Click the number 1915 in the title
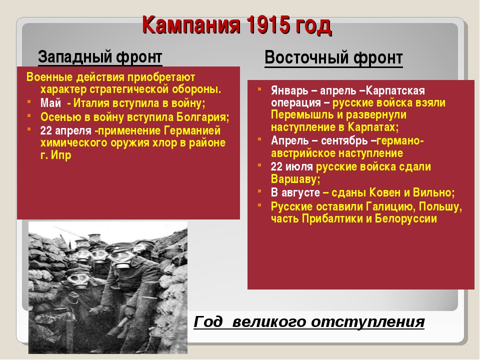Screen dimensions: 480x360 [266, 25]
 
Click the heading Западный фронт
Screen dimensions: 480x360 [100, 57]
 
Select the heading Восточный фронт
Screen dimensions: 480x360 [333, 57]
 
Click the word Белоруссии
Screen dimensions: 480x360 [405, 219]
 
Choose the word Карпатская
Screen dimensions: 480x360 [395, 90]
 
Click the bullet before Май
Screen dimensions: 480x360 [29, 101]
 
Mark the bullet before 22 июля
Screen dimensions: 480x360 [259, 165]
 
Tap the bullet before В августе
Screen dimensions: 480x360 [259, 191]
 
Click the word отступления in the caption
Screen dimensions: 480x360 [367, 322]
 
